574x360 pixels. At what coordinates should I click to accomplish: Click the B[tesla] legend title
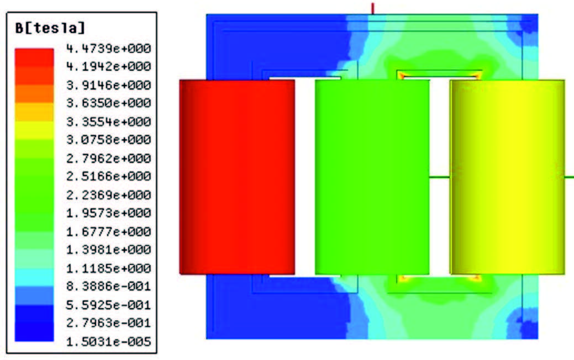tap(50, 28)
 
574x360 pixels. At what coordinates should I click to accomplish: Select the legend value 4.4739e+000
tap(108, 48)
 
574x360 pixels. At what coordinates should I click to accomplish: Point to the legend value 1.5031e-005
tap(108, 342)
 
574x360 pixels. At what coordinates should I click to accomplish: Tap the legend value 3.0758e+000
tap(108, 140)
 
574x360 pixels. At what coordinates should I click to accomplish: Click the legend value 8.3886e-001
tap(108, 286)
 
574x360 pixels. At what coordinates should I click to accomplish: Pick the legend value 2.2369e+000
tap(108, 195)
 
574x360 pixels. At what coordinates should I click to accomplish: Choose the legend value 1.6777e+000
tap(108, 231)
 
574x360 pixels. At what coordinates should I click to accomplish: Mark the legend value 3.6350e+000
tap(108, 103)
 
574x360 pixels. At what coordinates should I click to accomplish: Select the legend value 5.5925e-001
tap(108, 305)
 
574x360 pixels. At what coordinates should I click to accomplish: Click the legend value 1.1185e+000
tap(108, 268)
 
